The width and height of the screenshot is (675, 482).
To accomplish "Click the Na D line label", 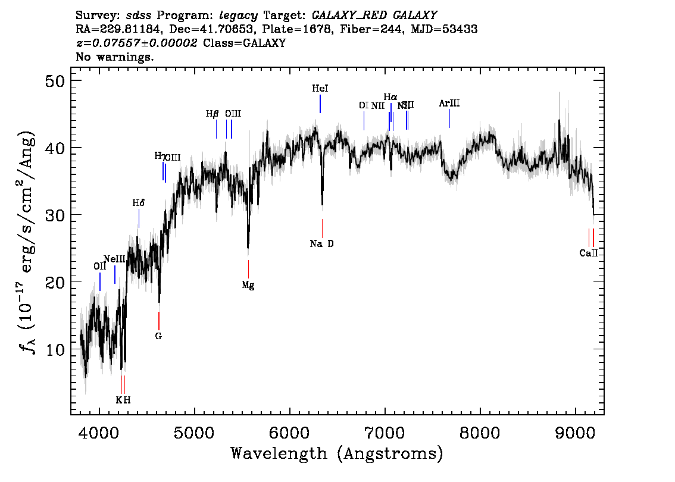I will tap(322, 243).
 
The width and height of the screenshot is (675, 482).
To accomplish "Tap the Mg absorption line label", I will tap(248, 285).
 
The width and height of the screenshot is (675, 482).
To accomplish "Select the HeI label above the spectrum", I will tap(320, 88).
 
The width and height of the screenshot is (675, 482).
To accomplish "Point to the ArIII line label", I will tap(449, 103).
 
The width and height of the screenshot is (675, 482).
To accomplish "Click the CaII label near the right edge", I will tap(588, 253).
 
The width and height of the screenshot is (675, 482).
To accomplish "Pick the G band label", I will tap(158, 336).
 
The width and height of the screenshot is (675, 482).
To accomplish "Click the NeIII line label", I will tap(114, 259).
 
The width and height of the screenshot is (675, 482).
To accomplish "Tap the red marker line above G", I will tap(159, 320).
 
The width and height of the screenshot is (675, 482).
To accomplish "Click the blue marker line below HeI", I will tap(320, 104).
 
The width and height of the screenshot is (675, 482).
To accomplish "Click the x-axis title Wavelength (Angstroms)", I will tap(337, 454).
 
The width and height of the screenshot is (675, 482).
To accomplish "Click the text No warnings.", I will tap(115, 57).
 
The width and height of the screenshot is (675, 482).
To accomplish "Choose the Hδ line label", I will tap(138, 203).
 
